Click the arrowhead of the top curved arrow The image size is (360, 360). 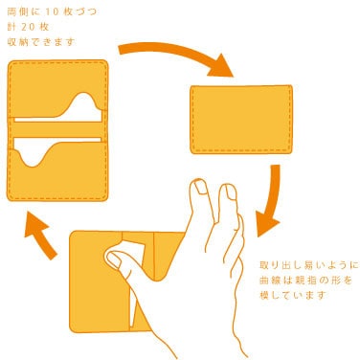tap(221, 66)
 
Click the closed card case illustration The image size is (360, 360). tap(241, 120)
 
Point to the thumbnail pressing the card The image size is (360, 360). tap(112, 260)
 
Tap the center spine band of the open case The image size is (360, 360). tap(57, 129)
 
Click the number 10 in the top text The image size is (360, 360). tap(53, 12)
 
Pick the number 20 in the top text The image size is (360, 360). tap(28, 27)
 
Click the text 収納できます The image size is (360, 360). tap(41, 42)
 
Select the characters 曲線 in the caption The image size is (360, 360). tap(267, 281)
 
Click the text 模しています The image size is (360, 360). tap(293, 295)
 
